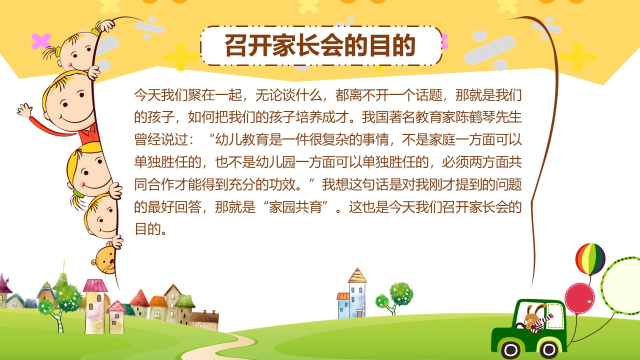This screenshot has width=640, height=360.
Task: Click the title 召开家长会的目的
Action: pyautogui.click(x=320, y=45)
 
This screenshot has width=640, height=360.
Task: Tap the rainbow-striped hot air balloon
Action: pyautogui.click(x=590, y=258)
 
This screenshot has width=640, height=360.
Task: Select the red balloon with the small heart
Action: pyautogui.click(x=579, y=298)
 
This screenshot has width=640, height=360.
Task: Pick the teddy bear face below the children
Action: pyautogui.click(x=104, y=258)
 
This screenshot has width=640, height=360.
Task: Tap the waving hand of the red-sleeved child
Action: pyautogui.click(x=24, y=110)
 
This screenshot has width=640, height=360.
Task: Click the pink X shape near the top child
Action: pyautogui.click(x=41, y=41)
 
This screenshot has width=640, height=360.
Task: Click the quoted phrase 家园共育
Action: pyautogui.click(x=295, y=207)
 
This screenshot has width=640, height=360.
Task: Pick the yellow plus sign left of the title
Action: pyautogui.click(x=180, y=56)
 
